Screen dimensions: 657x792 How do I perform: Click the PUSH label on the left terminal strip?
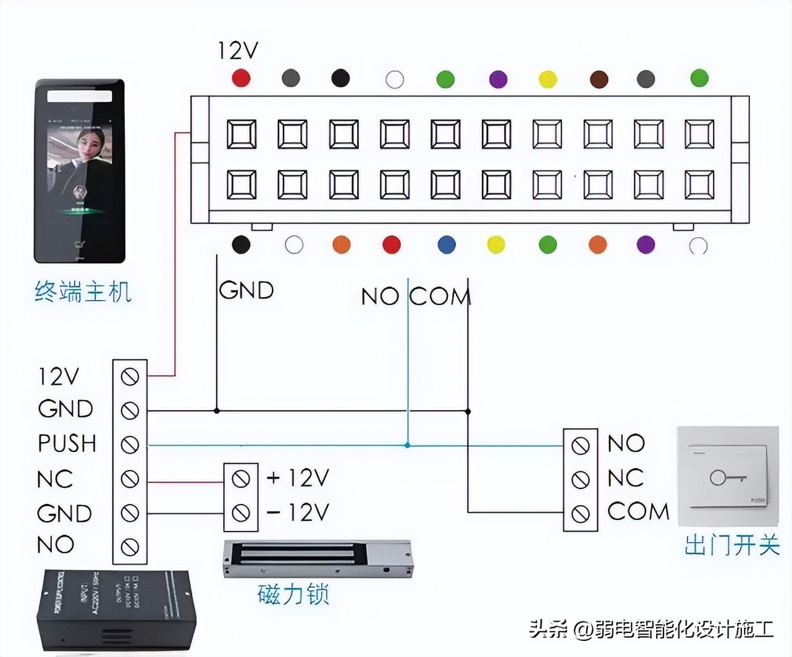[67, 443]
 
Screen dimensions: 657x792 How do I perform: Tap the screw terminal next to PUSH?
[130, 445]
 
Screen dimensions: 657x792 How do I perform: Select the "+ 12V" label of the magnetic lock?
[298, 477]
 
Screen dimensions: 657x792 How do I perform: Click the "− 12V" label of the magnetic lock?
[298, 512]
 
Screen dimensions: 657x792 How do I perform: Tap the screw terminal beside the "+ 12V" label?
[241, 478]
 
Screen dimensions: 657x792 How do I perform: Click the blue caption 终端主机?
[83, 291]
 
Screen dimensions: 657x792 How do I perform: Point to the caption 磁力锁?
[293, 594]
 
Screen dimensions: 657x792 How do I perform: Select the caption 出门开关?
[732, 545]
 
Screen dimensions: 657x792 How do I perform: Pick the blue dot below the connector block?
[446, 245]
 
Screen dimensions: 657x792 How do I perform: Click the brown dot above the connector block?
[599, 79]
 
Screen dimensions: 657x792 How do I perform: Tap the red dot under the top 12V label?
[241, 78]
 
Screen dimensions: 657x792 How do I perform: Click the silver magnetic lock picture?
[316, 558]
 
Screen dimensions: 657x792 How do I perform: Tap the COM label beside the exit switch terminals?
[638, 511]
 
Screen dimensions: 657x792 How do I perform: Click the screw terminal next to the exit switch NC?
[580, 479]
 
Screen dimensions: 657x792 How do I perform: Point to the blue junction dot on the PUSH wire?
[407, 445]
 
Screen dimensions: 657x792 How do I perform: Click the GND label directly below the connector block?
[246, 290]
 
